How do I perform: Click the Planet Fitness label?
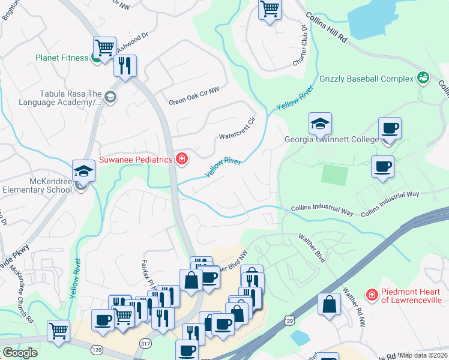pos(62,58)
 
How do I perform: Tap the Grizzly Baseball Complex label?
pos(367,79)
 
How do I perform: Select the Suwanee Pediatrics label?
pos(135,159)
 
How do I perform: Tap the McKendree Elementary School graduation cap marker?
pos(83,171)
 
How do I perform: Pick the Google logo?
pos(20,353)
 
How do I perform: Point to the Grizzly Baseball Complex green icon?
pos(423,77)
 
